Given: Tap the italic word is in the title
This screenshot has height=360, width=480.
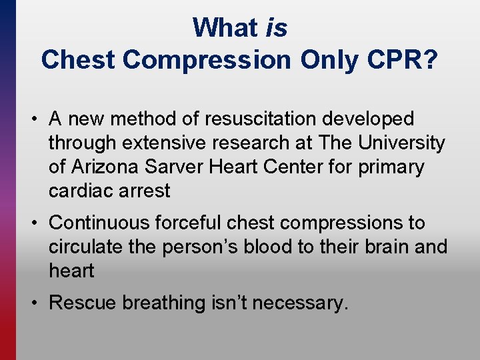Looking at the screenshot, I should click(x=276, y=28).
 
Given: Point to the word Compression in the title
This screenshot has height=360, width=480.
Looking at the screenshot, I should click(x=207, y=60).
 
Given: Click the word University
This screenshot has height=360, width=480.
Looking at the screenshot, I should click(x=402, y=143).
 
